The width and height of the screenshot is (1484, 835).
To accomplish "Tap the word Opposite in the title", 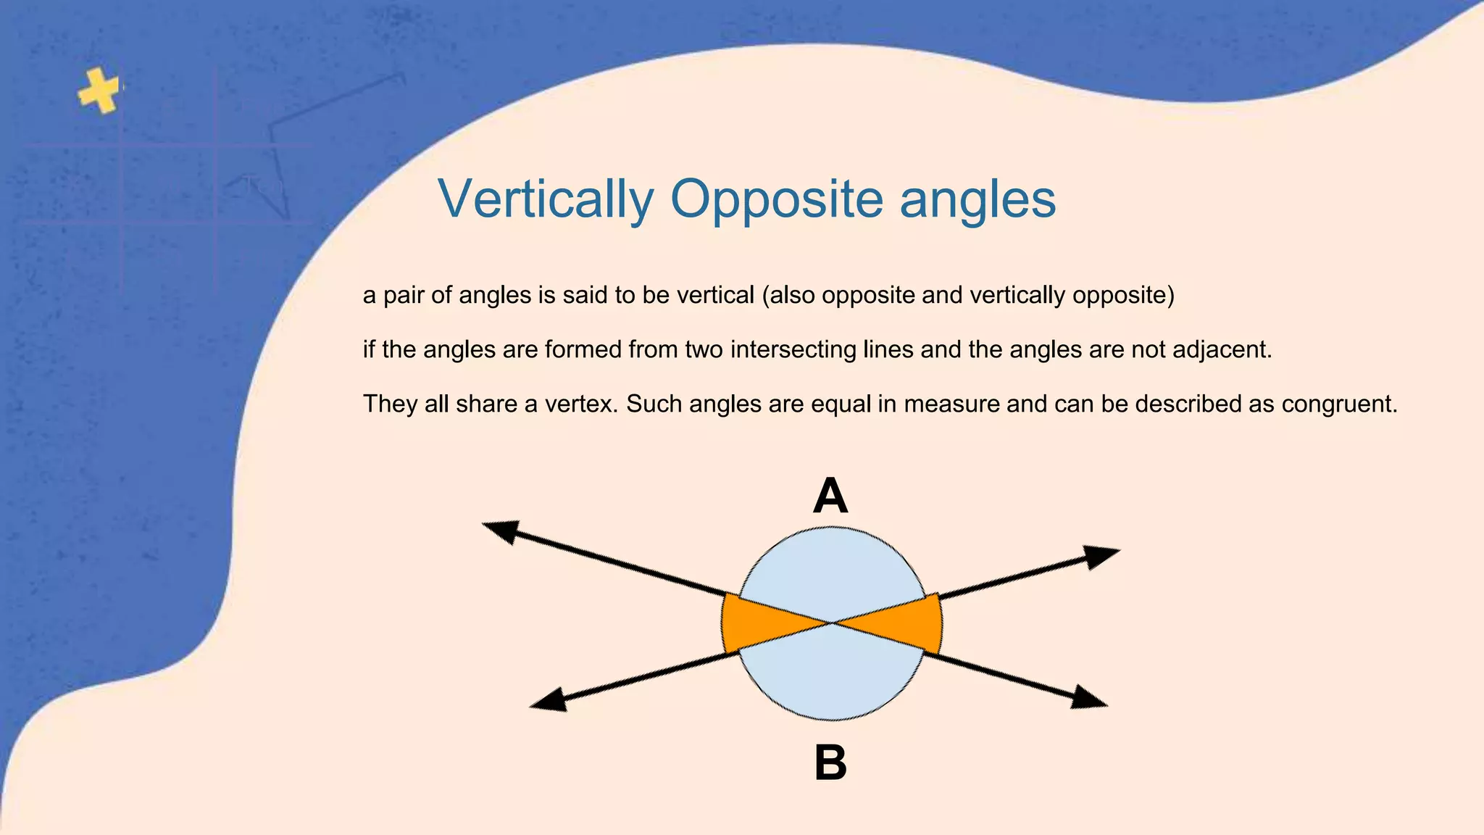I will [776, 199].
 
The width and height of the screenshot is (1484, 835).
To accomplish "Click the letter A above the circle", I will [830, 497].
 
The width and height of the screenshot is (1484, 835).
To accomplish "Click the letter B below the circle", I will [830, 763].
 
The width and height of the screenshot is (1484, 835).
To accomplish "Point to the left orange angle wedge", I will [754, 623].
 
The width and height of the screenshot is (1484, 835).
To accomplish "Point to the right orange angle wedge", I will [909, 623].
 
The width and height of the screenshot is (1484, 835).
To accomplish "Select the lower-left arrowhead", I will [550, 700].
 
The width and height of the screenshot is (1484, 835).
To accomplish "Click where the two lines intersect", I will [832, 623].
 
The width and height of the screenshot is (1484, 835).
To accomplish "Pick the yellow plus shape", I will [99, 91].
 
